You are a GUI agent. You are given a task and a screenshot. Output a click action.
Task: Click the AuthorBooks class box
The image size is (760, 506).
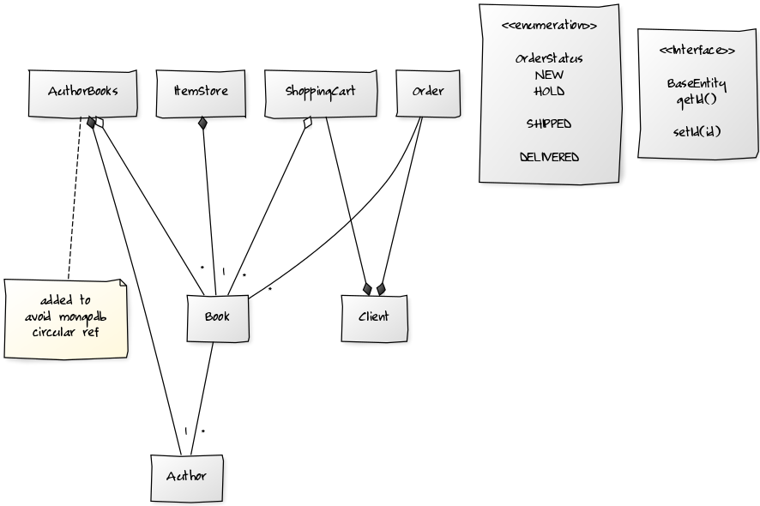click(x=82, y=92)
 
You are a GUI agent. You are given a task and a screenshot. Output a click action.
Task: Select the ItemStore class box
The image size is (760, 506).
click(x=201, y=92)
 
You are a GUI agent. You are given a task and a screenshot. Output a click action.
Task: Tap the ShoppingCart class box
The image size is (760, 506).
click(x=320, y=92)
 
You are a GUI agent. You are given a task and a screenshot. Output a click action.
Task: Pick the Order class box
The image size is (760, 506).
click(x=428, y=92)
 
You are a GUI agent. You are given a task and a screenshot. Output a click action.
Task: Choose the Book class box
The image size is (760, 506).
click(x=217, y=317)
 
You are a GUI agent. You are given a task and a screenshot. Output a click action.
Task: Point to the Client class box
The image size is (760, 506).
click(x=373, y=317)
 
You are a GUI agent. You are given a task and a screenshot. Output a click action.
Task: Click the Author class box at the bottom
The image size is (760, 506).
click(x=186, y=477)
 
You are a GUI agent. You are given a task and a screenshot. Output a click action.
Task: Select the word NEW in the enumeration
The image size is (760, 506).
click(x=549, y=75)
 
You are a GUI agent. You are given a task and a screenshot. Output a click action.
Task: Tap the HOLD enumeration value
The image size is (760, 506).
click(x=549, y=91)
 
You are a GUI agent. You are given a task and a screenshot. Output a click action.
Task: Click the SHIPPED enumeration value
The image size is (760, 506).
click(x=549, y=124)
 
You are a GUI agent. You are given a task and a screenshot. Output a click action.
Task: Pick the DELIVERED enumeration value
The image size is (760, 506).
click(x=549, y=158)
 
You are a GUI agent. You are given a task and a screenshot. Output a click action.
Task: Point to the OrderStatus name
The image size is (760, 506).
click(x=549, y=59)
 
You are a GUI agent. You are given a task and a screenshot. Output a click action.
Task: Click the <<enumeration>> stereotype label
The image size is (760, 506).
click(x=549, y=26)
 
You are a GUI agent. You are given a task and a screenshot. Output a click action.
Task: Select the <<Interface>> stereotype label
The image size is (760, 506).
click(x=697, y=51)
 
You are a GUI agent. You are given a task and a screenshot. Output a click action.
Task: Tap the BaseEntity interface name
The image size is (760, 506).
click(x=697, y=84)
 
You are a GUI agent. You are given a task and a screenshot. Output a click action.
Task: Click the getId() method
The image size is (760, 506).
click(x=697, y=99)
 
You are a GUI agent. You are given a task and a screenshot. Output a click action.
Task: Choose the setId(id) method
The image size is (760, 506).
click(x=697, y=132)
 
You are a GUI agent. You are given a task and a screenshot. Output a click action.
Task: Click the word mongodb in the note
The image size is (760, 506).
click(x=90, y=316)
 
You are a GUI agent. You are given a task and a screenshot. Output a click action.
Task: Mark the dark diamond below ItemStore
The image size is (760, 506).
click(x=202, y=123)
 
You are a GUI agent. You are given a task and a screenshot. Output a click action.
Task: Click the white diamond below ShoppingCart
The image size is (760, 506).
click(x=308, y=123)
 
